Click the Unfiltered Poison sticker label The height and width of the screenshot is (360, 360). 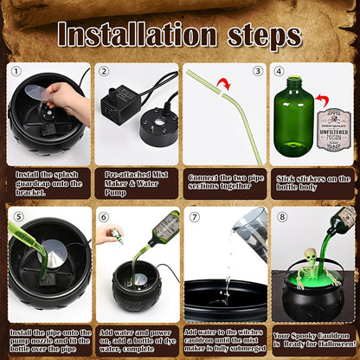pyautogui.click(x=334, y=129)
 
